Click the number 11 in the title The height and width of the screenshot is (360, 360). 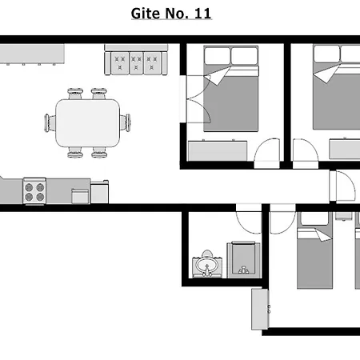point(203,14)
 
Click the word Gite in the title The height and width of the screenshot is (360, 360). point(146,14)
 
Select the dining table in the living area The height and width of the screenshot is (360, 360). point(87,123)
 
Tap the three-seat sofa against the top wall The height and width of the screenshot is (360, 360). point(136,60)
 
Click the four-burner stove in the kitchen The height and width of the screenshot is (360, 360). point(34,191)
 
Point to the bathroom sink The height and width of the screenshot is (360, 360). point(207,266)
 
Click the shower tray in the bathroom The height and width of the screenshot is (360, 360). point(244,260)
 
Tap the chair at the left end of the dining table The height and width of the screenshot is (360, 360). point(50,122)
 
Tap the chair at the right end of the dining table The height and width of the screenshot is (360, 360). point(126,122)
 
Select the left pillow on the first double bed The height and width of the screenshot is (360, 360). point(218,56)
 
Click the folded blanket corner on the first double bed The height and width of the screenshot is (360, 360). point(217,76)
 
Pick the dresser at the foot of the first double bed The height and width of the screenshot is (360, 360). point(218,150)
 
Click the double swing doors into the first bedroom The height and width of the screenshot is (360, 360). point(197,99)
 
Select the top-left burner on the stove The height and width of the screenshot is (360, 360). point(29,187)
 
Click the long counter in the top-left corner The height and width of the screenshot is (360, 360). point(32,54)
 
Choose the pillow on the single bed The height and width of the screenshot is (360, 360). point(314,219)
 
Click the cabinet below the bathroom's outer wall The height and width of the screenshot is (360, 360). point(260,309)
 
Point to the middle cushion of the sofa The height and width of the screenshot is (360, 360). point(136,63)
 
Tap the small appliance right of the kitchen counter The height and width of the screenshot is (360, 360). point(99,192)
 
